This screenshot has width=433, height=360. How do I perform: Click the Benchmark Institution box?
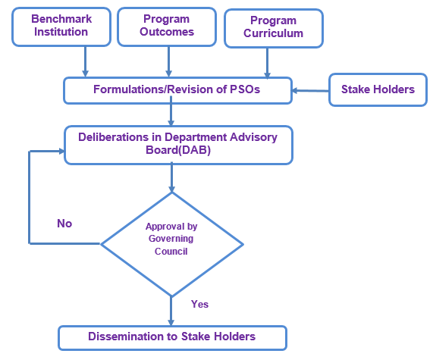coord(61,27)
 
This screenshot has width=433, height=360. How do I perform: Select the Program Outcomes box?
coord(167,27)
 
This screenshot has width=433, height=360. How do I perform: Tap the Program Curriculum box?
coord(274,29)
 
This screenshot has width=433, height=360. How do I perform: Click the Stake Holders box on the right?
coord(378,89)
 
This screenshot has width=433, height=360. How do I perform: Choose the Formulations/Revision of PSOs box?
coord(177,90)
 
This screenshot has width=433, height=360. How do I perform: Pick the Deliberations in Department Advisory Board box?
coord(178,146)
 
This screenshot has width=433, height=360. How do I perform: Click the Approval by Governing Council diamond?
coord(172,244)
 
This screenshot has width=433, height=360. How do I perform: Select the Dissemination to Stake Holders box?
coord(173,338)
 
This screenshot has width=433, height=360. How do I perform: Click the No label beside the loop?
coord(64,224)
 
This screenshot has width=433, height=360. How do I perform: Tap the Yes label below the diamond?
coord(199,304)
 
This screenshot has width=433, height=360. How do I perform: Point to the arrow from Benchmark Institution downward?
coord(86,61)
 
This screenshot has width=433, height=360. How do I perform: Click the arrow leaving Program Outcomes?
coord(169,61)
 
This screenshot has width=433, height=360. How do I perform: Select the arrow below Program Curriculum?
coord(267,63)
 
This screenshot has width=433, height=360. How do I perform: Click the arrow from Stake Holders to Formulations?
coord(310,90)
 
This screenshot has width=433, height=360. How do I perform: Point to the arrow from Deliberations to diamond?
coord(172,177)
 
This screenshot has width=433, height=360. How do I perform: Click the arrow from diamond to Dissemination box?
coord(171,311)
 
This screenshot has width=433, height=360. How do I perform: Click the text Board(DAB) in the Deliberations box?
coord(178,150)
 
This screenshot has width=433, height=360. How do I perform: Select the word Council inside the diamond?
coord(171,251)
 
